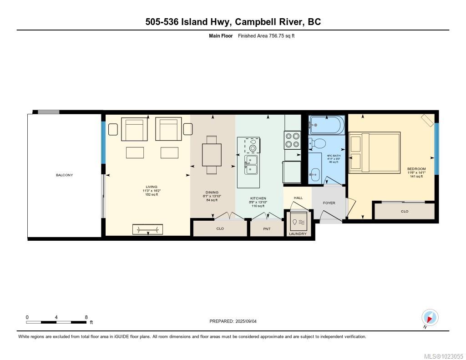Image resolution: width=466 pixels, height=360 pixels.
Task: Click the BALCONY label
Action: (64, 175)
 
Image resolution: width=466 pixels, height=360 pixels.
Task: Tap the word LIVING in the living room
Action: (152, 187)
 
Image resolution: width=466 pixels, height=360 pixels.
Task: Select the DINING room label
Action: (212, 193)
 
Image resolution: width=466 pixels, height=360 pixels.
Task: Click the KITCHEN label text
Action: (258, 198)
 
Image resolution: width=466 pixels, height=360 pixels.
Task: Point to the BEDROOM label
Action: (416, 169)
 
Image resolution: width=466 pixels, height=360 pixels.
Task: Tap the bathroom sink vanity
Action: (316, 173)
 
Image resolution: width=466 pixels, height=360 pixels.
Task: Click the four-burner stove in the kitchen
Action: (292, 140)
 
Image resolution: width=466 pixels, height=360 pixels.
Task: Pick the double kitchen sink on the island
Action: (251, 164)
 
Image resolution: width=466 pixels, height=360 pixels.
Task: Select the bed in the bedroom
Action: (375, 152)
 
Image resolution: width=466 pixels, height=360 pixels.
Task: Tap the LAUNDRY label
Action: (298, 234)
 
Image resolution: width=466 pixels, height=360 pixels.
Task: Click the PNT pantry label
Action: (267, 229)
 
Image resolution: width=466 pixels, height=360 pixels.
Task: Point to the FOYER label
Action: (329, 203)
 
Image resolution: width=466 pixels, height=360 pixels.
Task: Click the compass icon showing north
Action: (430, 317)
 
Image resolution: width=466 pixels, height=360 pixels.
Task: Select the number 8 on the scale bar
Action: (86, 317)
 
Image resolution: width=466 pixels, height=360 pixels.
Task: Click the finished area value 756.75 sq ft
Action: (276, 36)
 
